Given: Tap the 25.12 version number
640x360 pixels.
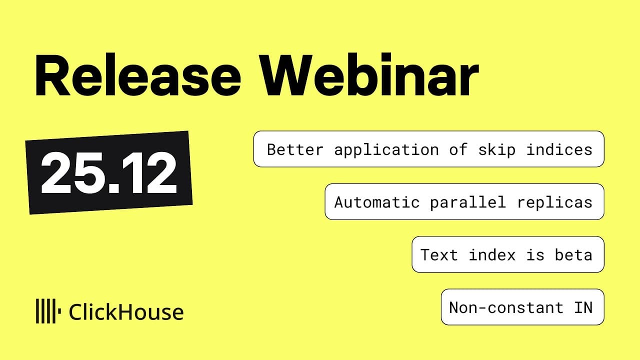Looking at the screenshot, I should [x=109, y=172].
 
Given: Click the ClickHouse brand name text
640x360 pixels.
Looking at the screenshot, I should [x=126, y=312].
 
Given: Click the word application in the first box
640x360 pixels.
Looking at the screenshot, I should [x=387, y=149].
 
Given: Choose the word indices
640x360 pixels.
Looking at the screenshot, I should [x=559, y=149].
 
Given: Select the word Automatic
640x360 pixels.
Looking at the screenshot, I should [x=376, y=202].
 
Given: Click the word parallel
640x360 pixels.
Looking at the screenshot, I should [x=468, y=202].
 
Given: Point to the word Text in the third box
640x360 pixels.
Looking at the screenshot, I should [x=439, y=255].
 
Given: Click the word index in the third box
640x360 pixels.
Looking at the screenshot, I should [x=492, y=255].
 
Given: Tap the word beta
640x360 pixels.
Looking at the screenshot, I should [x=573, y=255].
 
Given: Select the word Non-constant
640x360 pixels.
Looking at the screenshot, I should [x=506, y=307].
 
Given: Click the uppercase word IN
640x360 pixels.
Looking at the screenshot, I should [x=583, y=307].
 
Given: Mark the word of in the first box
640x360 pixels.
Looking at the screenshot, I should [x=457, y=149].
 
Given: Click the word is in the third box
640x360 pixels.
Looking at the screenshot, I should [x=535, y=255].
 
